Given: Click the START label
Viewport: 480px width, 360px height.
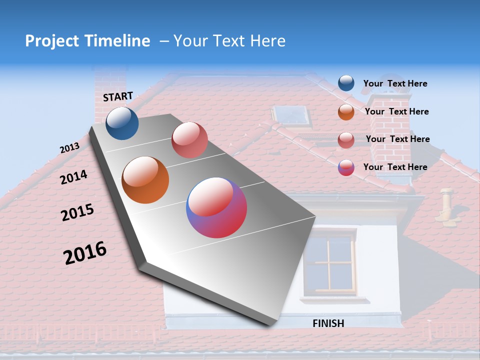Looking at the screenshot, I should tap(118, 96).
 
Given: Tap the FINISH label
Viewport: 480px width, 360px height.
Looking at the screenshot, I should tap(328, 323).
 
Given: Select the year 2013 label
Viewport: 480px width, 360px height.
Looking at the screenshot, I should tap(69, 148).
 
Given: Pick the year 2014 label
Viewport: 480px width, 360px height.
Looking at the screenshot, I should tap(73, 177).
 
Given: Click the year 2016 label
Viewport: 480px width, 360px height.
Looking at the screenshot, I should tap(85, 253).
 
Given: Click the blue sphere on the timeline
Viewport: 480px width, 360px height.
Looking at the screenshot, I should tap(122, 123).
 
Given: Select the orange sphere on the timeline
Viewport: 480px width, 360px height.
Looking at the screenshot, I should tap(145, 180).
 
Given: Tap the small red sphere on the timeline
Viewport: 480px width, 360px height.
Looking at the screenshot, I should tap(189, 140).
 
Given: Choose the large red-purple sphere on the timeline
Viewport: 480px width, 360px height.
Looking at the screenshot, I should tap(216, 207).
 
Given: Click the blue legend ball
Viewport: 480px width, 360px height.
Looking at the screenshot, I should tap(346, 83).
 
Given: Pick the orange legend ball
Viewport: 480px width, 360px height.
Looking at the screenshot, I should tap(346, 112).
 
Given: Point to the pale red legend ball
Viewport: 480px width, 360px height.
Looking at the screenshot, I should tap(346, 140).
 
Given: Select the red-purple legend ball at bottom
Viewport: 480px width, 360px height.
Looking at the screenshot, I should tap(346, 167).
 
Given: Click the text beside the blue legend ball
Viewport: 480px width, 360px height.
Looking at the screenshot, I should tap(395, 84).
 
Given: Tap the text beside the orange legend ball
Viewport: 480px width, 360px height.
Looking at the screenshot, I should tap(396, 112).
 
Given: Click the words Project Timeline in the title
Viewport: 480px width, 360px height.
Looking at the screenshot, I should tap(87, 41).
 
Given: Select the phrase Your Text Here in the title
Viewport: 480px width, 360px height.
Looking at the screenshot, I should tap(229, 41).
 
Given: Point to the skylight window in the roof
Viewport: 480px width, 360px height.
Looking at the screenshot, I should tap(292, 116).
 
